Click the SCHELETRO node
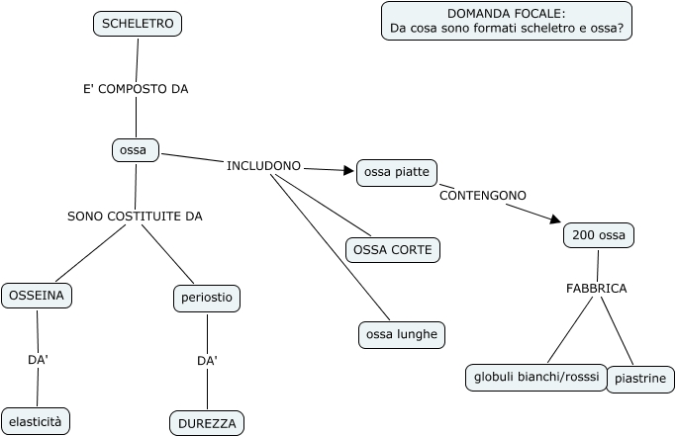[138, 24]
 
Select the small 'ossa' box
[136, 150]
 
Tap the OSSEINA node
[37, 296]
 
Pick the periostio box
[207, 298]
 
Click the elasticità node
[36, 422]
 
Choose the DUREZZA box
[207, 424]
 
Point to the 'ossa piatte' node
[397, 173]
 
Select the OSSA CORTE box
[393, 250]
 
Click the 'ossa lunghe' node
[402, 334]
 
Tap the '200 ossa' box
[599, 235]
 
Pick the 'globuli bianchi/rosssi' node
[536, 378]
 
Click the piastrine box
[640, 380]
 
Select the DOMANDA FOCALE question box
[507, 21]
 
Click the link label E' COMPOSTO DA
[136, 89]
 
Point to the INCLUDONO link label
[263, 166]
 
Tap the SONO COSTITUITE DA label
[135, 217]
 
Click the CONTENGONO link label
[483, 196]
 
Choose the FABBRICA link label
[596, 289]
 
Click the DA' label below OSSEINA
[38, 360]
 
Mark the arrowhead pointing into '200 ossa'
[555, 219]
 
